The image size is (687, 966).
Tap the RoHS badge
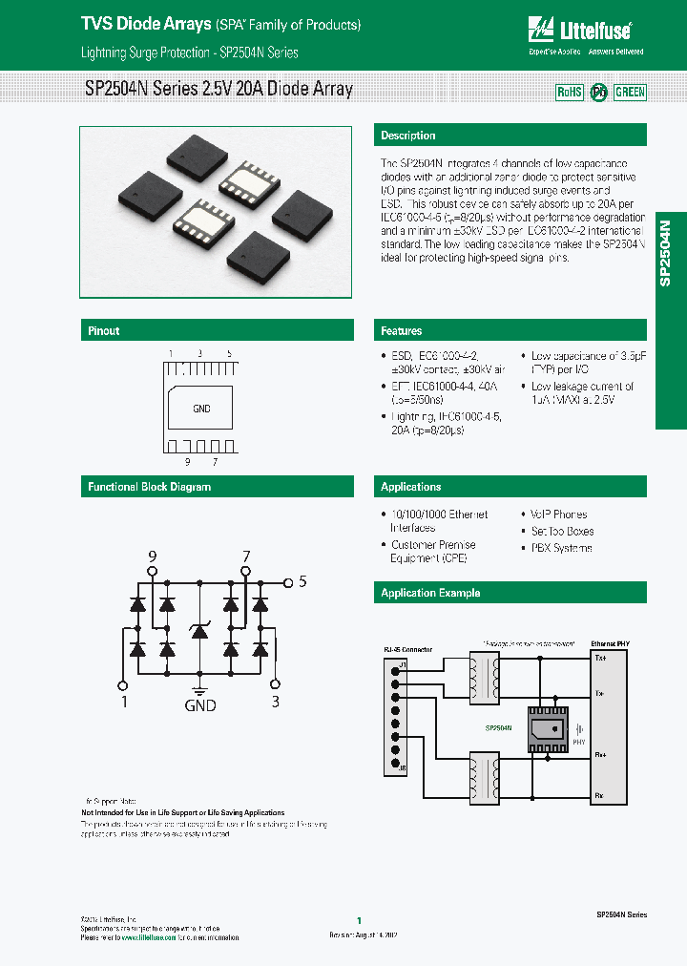tap(569, 93)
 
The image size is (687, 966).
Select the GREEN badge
tap(629, 93)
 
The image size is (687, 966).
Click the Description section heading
tap(408, 136)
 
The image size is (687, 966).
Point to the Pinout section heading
tap(104, 331)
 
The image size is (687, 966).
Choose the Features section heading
tap(402, 331)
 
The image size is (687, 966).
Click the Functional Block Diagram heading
tap(150, 487)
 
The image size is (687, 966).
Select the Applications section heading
tap(411, 487)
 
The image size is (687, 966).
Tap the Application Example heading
tap(430, 593)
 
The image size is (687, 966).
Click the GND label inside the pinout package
tap(201, 409)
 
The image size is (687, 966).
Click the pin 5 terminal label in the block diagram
tap(302, 580)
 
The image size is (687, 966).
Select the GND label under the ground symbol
tap(199, 705)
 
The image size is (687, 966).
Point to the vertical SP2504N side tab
tap(665, 253)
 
